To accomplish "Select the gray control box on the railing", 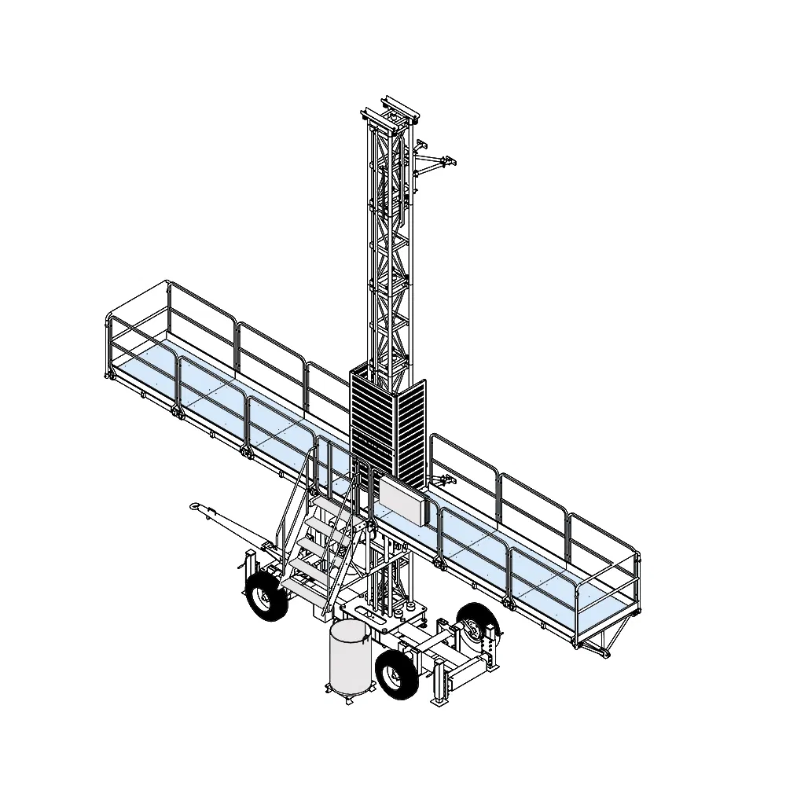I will click(x=402, y=501).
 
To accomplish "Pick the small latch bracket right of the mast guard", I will click(x=446, y=479).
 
